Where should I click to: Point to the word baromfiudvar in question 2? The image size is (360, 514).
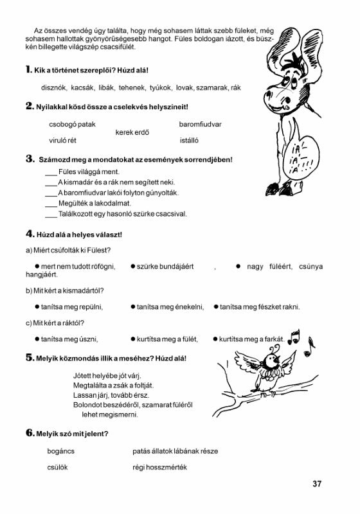point(201,124)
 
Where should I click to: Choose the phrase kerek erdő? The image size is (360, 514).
point(132,132)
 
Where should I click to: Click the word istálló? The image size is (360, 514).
point(194,140)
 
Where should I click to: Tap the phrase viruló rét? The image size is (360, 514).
point(67,140)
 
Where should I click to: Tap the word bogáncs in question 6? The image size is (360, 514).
point(62,452)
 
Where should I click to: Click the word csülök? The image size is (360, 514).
point(58,467)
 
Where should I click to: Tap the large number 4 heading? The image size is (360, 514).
point(30,234)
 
